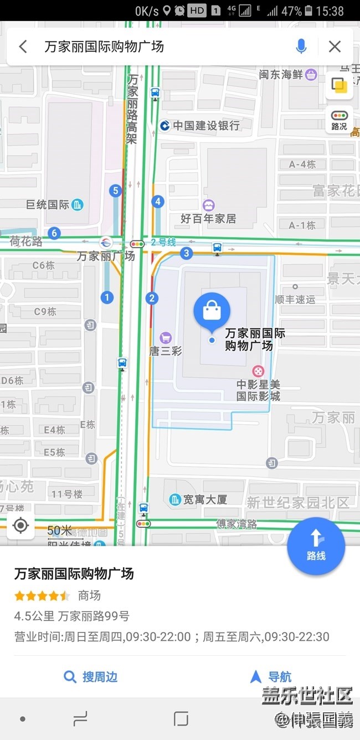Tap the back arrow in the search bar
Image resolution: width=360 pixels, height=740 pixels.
(x=23, y=47)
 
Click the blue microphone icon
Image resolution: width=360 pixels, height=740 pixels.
(x=301, y=47)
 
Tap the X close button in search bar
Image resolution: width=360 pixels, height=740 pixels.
(x=335, y=47)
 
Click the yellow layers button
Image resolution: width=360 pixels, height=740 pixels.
(x=339, y=85)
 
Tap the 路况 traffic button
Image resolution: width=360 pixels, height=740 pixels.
(x=339, y=120)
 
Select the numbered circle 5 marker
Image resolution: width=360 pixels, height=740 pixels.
(x=115, y=191)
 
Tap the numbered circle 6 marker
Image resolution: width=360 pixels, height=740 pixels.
(x=54, y=233)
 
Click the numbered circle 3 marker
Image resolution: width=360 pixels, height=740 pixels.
(x=187, y=254)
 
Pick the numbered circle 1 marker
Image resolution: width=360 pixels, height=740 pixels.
(x=107, y=297)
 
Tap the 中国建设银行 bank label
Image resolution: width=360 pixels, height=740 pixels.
(x=200, y=126)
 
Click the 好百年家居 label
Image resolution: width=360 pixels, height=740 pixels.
(x=208, y=218)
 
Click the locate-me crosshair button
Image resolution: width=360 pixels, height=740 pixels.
(x=21, y=525)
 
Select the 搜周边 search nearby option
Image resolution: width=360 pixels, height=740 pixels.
(x=91, y=677)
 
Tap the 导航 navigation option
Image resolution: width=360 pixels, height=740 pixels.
(x=271, y=677)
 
